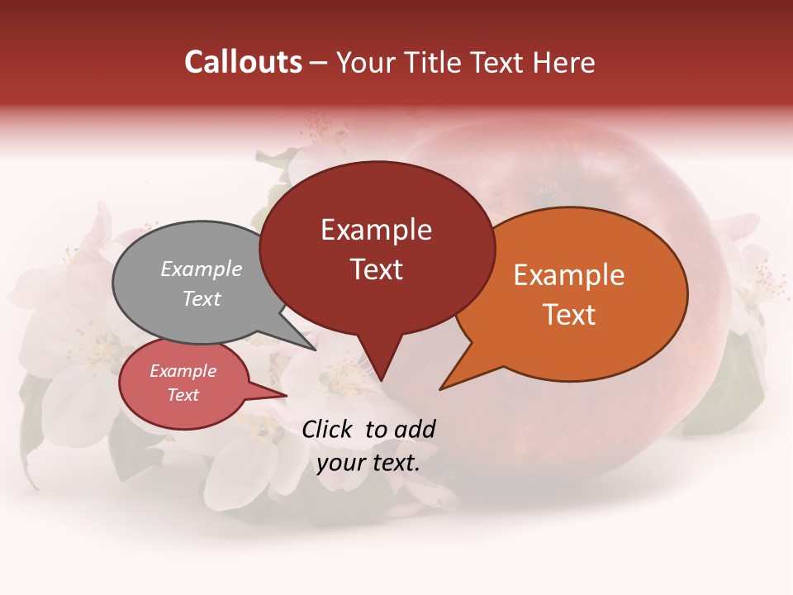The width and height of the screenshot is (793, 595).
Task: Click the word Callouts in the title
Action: click(243, 62)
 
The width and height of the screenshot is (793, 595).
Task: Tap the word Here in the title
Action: click(563, 62)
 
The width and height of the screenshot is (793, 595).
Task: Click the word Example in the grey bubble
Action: click(201, 269)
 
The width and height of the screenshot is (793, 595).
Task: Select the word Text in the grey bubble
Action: click(201, 298)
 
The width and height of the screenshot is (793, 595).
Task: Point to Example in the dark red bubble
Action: click(376, 230)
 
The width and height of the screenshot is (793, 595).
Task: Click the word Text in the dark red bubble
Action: click(376, 269)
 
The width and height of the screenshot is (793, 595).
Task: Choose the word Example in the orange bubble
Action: click(569, 275)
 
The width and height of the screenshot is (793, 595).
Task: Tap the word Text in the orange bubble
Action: click(569, 315)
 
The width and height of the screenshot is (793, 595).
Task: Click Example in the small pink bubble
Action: click(183, 371)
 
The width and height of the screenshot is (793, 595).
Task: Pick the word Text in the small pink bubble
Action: click(183, 395)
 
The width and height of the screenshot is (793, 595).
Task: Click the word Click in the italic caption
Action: click(328, 429)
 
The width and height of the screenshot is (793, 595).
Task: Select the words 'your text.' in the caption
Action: click(368, 463)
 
